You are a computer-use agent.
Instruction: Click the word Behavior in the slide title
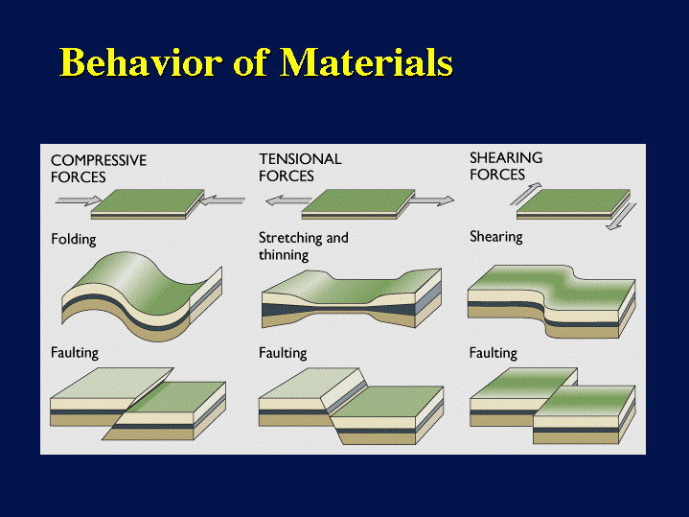point(140,62)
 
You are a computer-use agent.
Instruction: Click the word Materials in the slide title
point(366,62)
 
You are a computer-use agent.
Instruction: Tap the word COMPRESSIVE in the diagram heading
point(99,160)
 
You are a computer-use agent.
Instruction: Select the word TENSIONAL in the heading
point(300,159)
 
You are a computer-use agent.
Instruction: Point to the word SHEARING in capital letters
point(506,157)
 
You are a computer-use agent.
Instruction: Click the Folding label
point(74,240)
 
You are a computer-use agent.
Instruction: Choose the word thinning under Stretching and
point(284,255)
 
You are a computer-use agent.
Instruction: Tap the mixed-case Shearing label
point(496,237)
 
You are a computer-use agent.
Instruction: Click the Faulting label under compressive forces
point(75,353)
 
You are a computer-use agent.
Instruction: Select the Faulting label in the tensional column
point(283,353)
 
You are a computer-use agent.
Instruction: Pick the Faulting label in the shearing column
point(493,353)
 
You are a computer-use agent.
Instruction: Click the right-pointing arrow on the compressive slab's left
point(79,200)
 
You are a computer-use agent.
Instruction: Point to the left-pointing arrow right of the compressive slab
point(222,200)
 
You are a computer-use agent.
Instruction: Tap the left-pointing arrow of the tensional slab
point(288,200)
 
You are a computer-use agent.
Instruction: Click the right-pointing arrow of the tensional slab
point(430,200)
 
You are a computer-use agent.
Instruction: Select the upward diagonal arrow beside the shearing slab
point(526,194)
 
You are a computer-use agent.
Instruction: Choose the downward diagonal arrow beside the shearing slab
point(621,217)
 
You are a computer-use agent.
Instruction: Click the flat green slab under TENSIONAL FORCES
point(358,204)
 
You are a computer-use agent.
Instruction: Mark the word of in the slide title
point(250,62)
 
